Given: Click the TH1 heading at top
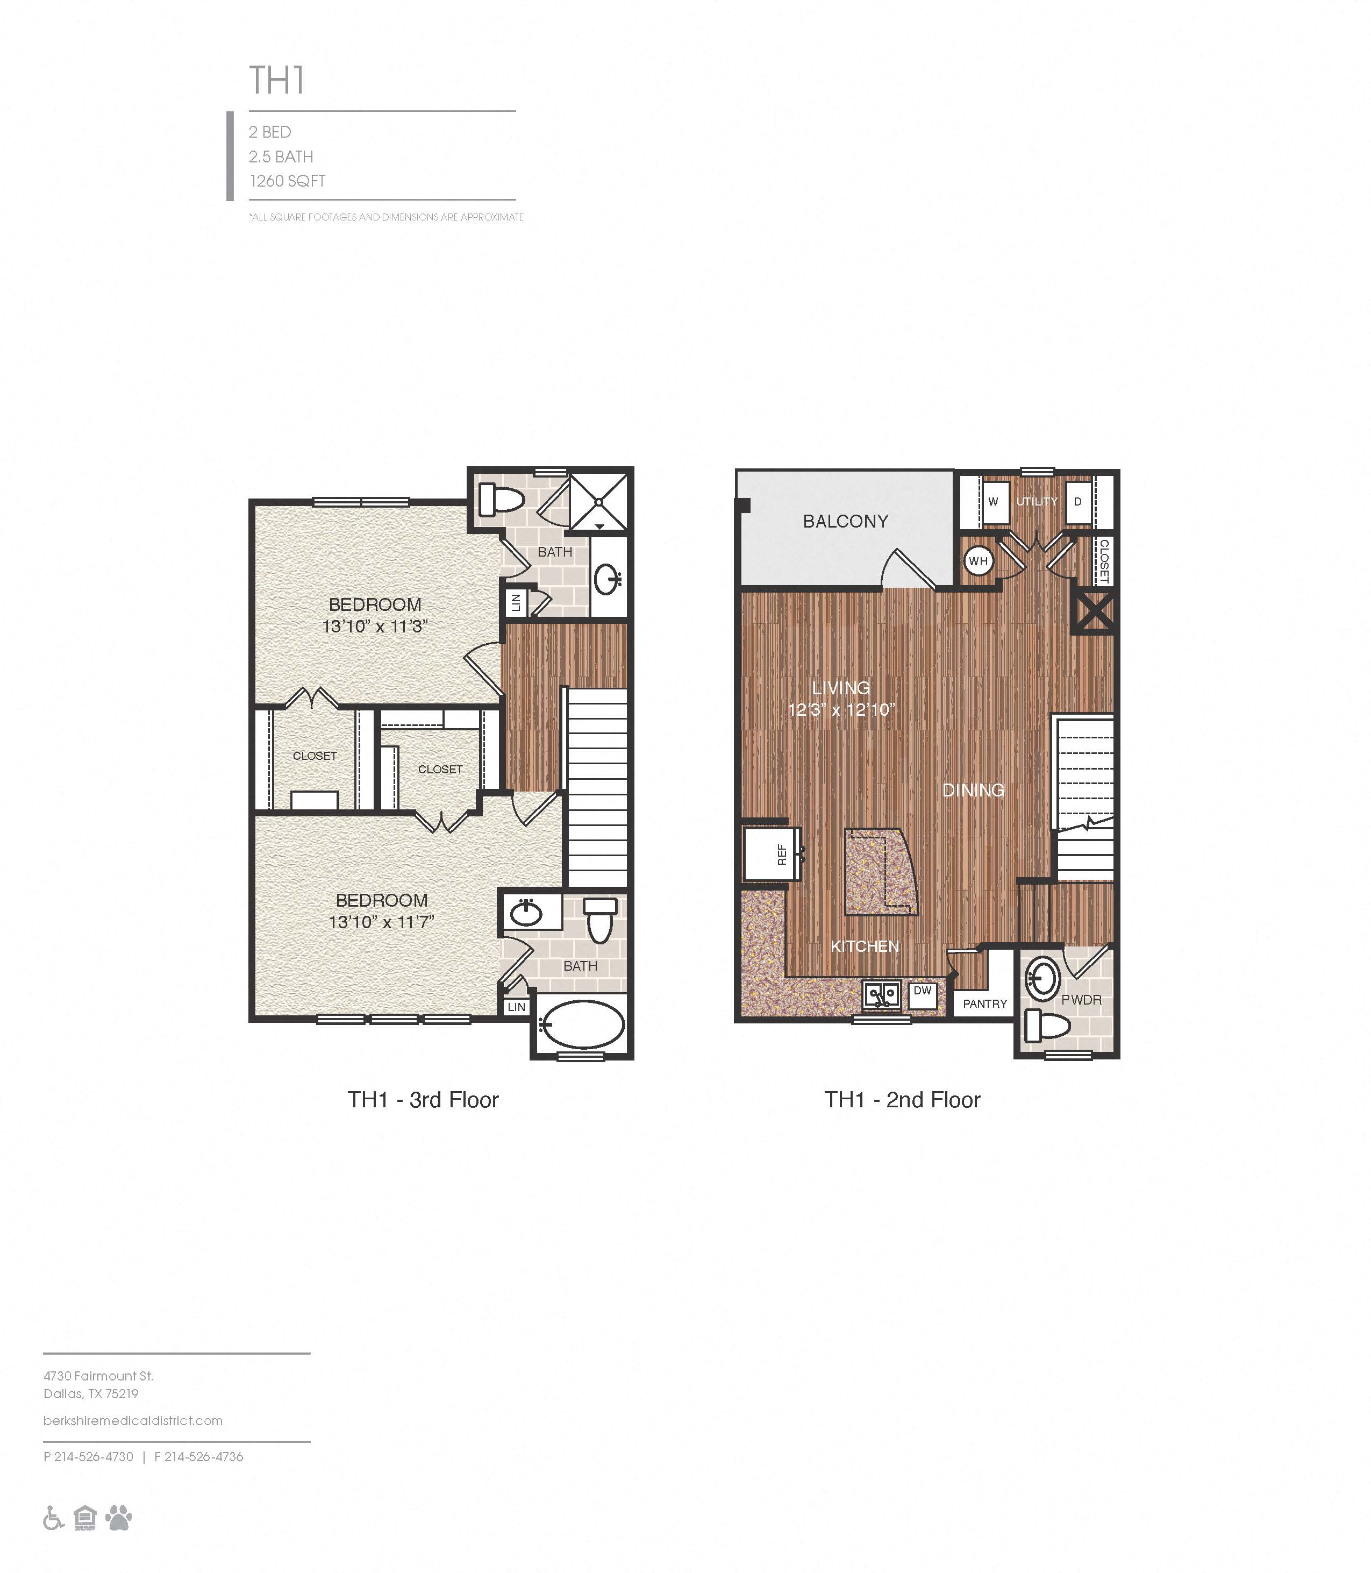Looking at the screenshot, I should point(277,80).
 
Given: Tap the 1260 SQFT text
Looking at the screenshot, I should point(287,181).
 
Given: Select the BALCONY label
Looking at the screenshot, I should point(845,521).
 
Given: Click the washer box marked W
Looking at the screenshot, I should point(994,502).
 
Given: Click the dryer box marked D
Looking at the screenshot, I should point(1078,502).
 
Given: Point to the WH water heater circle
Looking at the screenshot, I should point(978,561).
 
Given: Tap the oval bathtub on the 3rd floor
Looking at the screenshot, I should point(581,1024).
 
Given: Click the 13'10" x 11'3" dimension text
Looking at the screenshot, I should point(374,627).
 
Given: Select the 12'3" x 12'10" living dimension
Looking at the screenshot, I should point(841,710).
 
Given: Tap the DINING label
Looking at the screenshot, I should point(973,789).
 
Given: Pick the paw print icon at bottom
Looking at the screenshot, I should point(119,1517).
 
